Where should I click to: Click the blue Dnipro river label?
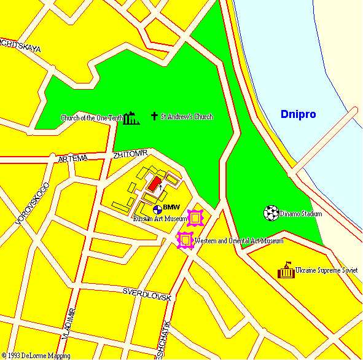pyautogui.click(x=297, y=114)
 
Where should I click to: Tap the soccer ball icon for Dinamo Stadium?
pyautogui.click(x=271, y=213)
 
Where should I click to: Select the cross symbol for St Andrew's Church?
pyautogui.click(x=154, y=116)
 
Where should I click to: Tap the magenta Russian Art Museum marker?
pyautogui.click(x=195, y=218)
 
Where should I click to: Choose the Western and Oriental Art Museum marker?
pyautogui.click(x=185, y=240)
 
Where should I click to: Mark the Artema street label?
pyautogui.click(x=72, y=158)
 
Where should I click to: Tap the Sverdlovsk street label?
pyautogui.click(x=146, y=294)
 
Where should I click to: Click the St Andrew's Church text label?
pyautogui.click(x=187, y=116)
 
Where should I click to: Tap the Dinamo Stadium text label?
pyautogui.click(x=301, y=214)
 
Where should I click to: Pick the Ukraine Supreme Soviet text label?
pyautogui.click(x=326, y=270)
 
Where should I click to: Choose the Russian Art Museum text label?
pyautogui.click(x=160, y=218)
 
